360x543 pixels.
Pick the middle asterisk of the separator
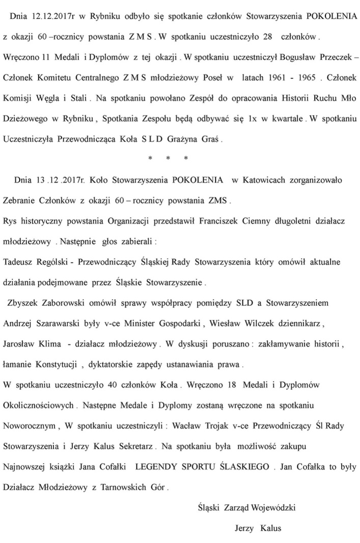point(168,158)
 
